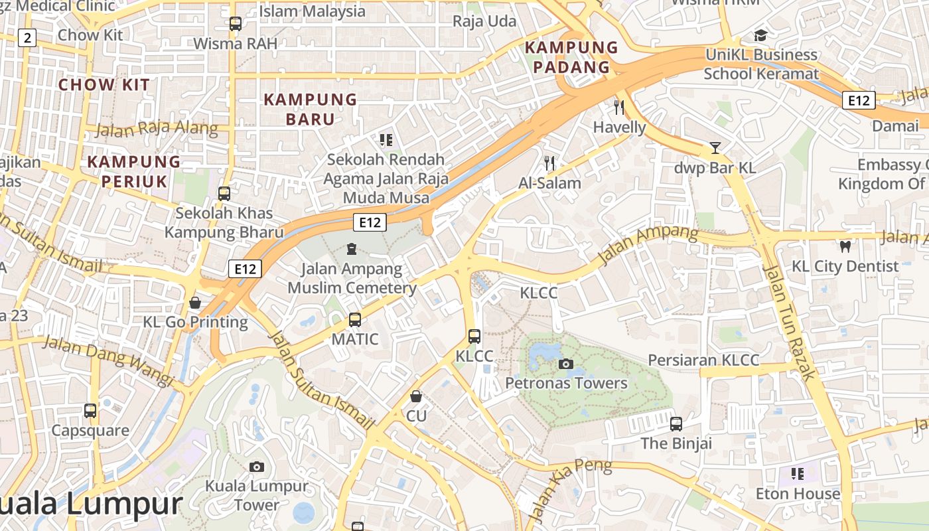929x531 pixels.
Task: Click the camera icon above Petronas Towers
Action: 566,364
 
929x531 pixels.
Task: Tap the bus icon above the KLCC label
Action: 474,337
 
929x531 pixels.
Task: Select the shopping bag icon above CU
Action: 416,396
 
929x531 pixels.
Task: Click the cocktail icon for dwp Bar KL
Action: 715,147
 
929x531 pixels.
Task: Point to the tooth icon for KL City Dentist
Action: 845,246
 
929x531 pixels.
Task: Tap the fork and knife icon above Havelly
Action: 619,107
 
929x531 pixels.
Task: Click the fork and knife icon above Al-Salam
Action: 549,163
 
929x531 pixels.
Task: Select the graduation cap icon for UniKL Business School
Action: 760,35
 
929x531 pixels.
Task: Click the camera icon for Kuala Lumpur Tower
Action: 257,467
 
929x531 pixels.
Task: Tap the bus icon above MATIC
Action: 355,320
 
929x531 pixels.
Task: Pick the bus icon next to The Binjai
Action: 676,423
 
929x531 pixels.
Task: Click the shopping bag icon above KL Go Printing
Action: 195,303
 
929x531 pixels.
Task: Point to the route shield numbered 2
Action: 27,38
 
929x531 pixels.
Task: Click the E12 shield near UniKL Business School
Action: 859,100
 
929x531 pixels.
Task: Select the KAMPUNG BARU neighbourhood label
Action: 311,110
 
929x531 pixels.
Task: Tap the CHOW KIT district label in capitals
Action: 104,85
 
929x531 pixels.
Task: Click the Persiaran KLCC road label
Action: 703,360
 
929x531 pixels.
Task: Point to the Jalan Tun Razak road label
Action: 789,322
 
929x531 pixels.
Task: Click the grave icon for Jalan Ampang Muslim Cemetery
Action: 351,249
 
